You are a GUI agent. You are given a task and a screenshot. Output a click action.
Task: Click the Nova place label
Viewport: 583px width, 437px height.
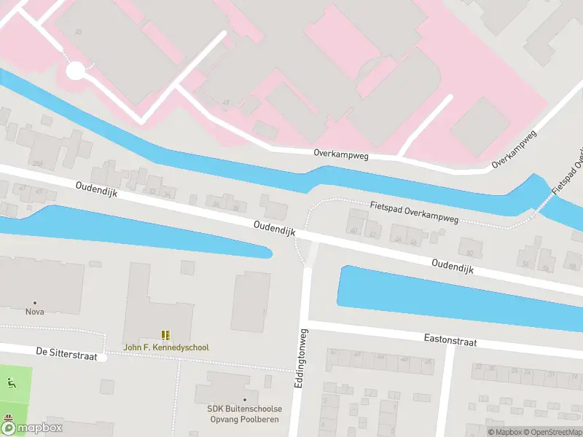[34, 312]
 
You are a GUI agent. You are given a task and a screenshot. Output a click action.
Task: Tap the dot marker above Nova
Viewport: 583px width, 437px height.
[34, 302]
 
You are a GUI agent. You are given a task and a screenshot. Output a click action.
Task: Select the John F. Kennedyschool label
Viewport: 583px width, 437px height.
[166, 347]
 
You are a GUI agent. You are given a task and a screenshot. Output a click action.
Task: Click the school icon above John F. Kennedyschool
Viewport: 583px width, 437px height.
[166, 335]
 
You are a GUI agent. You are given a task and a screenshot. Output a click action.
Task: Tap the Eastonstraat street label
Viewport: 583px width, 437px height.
[450, 339]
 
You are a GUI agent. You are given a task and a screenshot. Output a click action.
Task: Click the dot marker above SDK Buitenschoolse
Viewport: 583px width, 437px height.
[245, 399]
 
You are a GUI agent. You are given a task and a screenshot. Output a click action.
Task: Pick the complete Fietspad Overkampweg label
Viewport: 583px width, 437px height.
[414, 211]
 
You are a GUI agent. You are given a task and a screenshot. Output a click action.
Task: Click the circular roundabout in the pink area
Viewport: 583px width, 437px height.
[76, 71]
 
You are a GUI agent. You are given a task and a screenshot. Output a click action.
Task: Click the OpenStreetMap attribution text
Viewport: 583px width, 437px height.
[552, 432]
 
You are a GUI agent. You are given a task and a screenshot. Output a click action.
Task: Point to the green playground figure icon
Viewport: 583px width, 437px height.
[10, 384]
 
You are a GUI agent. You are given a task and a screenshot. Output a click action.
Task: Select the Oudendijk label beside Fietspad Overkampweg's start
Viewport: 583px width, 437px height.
[274, 227]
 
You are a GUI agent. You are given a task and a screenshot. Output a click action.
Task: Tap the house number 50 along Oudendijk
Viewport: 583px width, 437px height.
[470, 253]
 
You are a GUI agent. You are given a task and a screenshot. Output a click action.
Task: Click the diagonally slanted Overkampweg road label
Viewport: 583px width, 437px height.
[514, 149]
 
